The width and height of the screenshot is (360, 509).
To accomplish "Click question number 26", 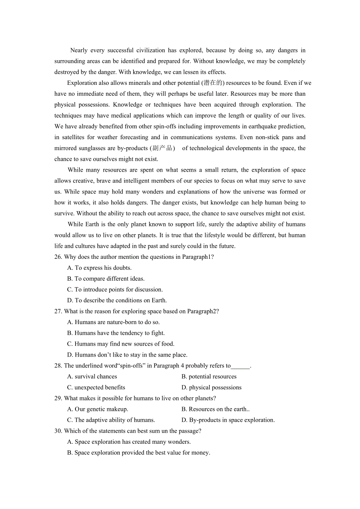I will point(58,257).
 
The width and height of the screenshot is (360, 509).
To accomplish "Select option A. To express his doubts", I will point(99,268).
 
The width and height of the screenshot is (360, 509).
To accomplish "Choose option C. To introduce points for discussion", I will point(115,290).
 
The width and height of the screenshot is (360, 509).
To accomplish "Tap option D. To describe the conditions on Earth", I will point(117,301).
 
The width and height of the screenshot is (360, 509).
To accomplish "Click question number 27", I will point(58,311).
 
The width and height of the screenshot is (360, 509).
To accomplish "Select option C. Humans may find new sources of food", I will point(121,344).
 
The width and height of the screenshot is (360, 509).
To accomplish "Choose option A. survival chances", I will point(92,376).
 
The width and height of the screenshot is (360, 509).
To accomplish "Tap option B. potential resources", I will point(209,376).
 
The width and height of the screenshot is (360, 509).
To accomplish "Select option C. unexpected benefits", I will point(96,387).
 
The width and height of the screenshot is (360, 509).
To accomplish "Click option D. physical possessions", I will point(211,387).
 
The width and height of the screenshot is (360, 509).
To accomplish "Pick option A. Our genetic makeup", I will point(97,409).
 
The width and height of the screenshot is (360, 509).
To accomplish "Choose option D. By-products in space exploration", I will point(228,420).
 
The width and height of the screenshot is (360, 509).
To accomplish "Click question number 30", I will point(58,431).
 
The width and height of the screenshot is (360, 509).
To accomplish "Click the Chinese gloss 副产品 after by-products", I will point(162,148).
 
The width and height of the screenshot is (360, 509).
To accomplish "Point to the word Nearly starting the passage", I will point(79,50).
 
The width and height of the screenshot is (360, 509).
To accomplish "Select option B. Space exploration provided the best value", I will point(139,453).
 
